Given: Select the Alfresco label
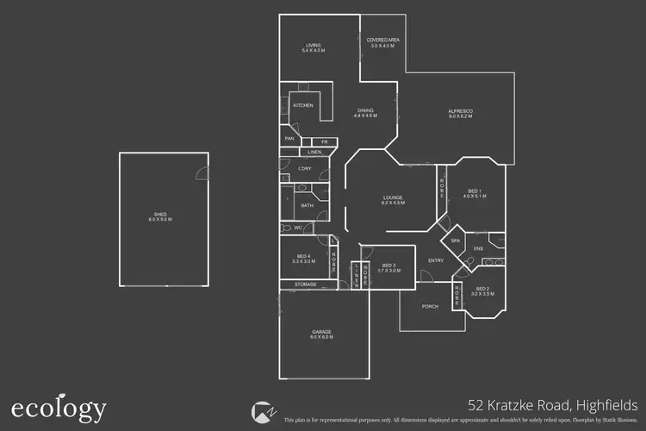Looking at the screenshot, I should click(461, 113).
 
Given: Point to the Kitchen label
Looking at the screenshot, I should click(302, 105).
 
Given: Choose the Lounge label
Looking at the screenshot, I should click(393, 199).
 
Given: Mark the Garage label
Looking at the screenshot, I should click(320, 334).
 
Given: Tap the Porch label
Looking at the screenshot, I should click(430, 306).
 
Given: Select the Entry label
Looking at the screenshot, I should click(435, 260).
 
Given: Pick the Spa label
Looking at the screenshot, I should click(456, 240).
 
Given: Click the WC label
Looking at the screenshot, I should click(297, 228).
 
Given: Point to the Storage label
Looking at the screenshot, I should click(305, 284).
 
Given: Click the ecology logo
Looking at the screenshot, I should click(59, 408).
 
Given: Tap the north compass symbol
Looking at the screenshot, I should click(262, 411).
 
